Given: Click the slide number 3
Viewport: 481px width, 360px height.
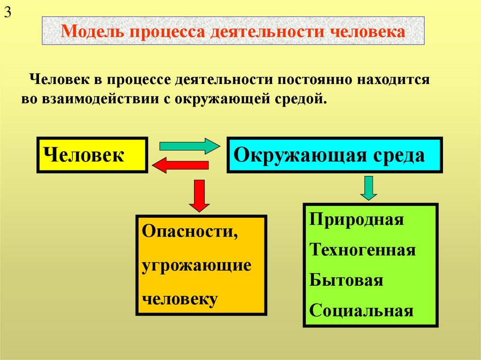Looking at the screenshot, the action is point(8,13).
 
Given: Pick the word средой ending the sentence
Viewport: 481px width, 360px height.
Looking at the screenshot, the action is point(300,99).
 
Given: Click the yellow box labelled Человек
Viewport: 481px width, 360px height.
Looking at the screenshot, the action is point(93,155).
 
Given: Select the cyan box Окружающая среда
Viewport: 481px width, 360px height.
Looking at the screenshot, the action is point(334,155).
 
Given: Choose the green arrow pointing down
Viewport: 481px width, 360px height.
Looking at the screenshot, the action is point(369,189).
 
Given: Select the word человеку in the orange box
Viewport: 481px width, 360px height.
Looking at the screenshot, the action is point(181,299).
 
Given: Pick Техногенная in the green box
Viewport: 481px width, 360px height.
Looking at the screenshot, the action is point(363,250).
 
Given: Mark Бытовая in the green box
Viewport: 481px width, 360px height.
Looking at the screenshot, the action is point(347,281).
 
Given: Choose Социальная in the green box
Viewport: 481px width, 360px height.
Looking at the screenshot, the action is point(362,311).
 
